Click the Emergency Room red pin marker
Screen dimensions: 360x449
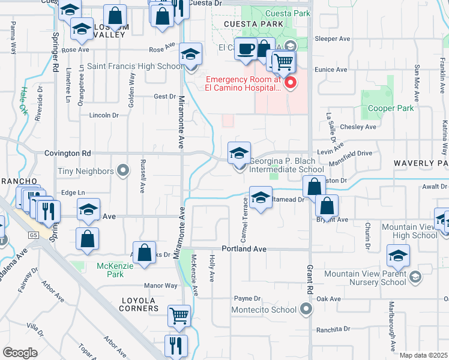(x=291, y=83)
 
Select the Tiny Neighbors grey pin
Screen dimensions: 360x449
(x=123, y=172)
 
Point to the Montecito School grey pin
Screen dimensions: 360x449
(x=306, y=310)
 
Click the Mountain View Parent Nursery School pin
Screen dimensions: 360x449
(x=414, y=278)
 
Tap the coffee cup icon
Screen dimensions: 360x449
(x=245, y=49)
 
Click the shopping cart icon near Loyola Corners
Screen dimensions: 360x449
(x=179, y=314)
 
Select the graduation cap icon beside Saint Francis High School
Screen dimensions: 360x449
(x=190, y=55)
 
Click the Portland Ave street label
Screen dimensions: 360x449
(x=244, y=248)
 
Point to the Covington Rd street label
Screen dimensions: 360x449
(x=67, y=154)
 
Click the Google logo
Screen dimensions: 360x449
(x=19, y=353)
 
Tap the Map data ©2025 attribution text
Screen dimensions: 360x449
(x=423, y=355)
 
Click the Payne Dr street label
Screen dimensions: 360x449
(x=247, y=298)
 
